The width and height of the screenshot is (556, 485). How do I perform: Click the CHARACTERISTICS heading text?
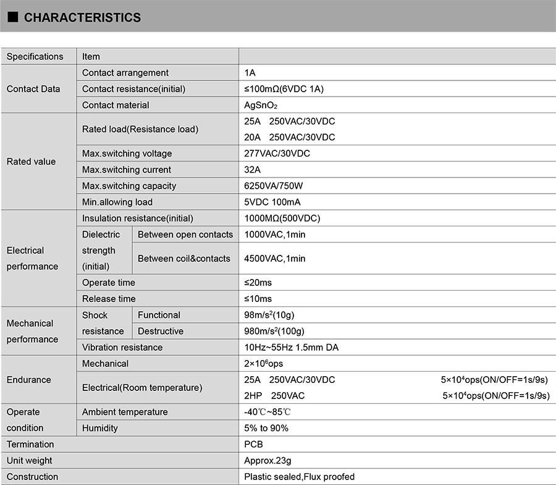pyautogui.click(x=82, y=18)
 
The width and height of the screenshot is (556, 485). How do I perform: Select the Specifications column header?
pyautogui.click(x=35, y=57)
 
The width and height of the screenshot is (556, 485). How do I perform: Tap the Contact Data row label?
pyautogui.click(x=33, y=89)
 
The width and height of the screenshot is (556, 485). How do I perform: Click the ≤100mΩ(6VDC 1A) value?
pyautogui.click(x=284, y=89)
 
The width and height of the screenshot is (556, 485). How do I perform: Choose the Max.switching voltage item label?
pyautogui.click(x=127, y=153)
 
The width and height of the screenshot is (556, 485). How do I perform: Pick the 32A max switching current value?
pyautogui.click(x=253, y=170)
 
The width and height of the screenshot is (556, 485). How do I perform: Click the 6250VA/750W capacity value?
pyautogui.click(x=274, y=186)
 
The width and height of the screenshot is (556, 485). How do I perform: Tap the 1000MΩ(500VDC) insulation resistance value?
pyautogui.click(x=282, y=218)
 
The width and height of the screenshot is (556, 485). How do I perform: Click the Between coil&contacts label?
pyautogui.click(x=184, y=259)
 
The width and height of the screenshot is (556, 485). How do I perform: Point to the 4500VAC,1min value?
pyautogui.click(x=275, y=259)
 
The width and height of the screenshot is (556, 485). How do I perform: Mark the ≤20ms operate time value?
pyautogui.click(x=258, y=283)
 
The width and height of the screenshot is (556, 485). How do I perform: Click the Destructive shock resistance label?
pyautogui.click(x=161, y=331)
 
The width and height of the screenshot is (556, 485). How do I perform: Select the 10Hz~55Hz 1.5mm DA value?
pyautogui.click(x=292, y=347)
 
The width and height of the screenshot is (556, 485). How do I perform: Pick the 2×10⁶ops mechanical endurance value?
pyautogui.click(x=264, y=363)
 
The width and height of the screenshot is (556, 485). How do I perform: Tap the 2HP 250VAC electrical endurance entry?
pyautogui.click(x=274, y=395)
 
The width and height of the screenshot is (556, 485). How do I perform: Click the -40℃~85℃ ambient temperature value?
pyautogui.click(x=267, y=412)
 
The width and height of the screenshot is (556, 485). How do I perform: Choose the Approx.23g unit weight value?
pyautogui.click(x=268, y=460)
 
